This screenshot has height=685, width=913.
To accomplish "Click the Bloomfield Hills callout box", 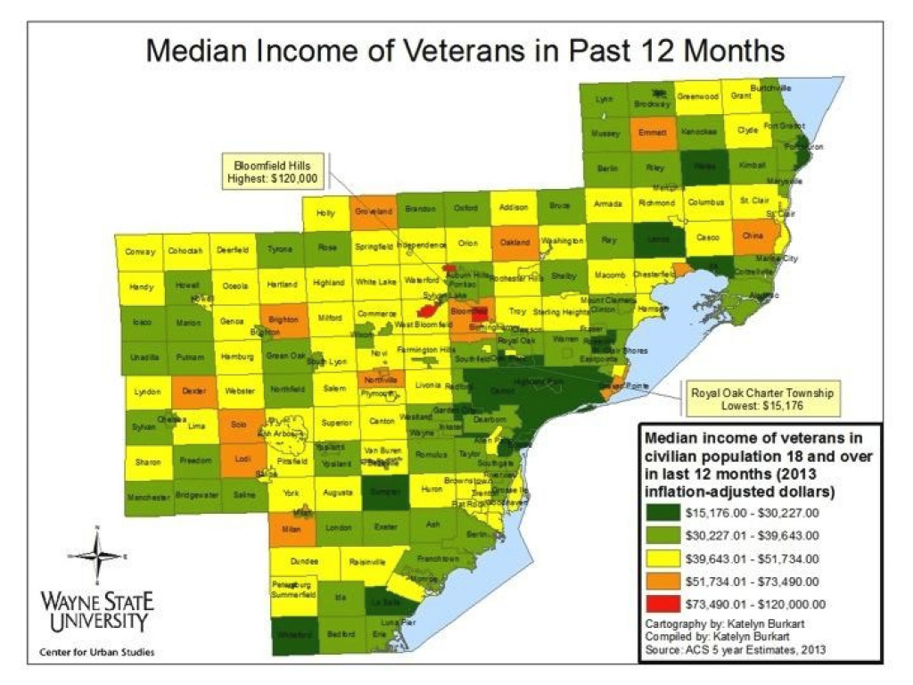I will [x=276, y=172].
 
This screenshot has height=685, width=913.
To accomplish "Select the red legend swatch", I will [x=662, y=606].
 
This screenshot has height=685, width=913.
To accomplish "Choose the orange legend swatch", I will [x=662, y=582].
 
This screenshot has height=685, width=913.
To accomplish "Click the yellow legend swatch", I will [x=662, y=559].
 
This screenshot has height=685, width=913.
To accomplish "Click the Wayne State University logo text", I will [x=96, y=608].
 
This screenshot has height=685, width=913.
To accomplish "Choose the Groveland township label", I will [x=374, y=211].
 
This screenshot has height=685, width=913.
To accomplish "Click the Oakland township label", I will [x=514, y=242].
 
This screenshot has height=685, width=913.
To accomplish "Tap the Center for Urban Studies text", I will [x=96, y=652].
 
